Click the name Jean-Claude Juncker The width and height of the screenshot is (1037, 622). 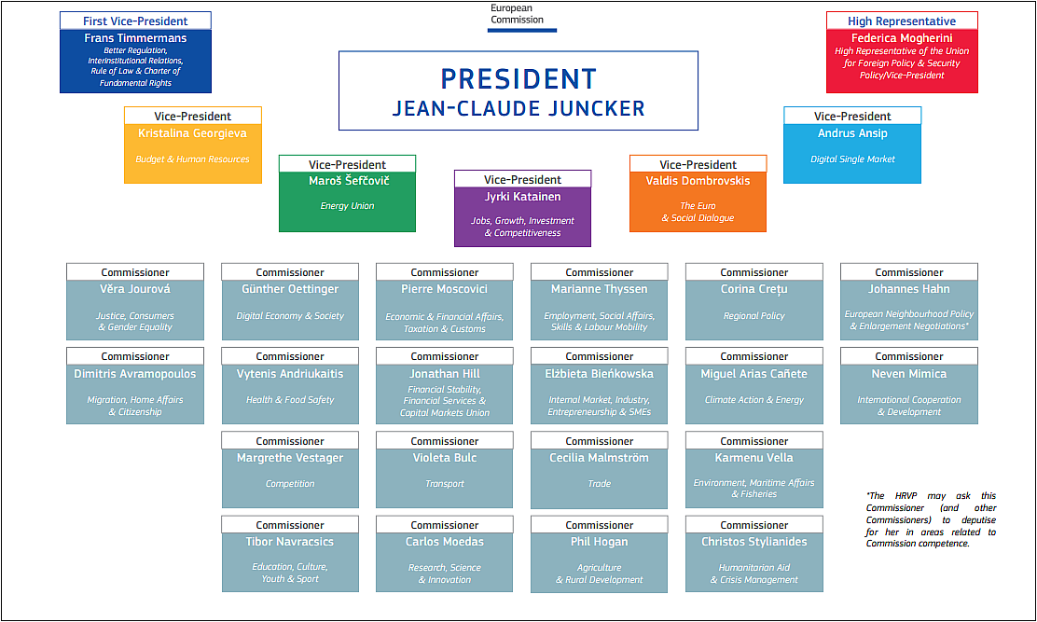click(518, 108)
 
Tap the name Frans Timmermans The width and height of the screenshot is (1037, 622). click(135, 38)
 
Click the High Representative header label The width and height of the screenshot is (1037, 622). click(902, 21)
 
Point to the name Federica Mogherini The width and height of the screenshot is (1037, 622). click(902, 38)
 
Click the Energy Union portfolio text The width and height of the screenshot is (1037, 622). click(347, 206)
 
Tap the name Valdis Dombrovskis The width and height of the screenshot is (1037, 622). click(698, 181)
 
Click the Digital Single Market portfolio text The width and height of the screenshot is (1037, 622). click(852, 159)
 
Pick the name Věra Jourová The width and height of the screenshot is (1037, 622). click(135, 289)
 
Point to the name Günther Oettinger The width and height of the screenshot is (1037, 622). click(290, 289)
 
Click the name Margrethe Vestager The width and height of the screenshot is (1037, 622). click(290, 458)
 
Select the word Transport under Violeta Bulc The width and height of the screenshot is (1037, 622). click(445, 484)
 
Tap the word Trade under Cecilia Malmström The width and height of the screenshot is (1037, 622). click(600, 484)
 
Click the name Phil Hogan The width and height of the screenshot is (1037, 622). click(600, 542)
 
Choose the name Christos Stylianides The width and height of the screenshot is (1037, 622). click(754, 542)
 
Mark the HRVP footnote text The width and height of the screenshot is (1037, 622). click(931, 519)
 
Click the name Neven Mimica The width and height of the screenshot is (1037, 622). click(909, 374)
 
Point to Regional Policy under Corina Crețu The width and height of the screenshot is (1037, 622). click(754, 316)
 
